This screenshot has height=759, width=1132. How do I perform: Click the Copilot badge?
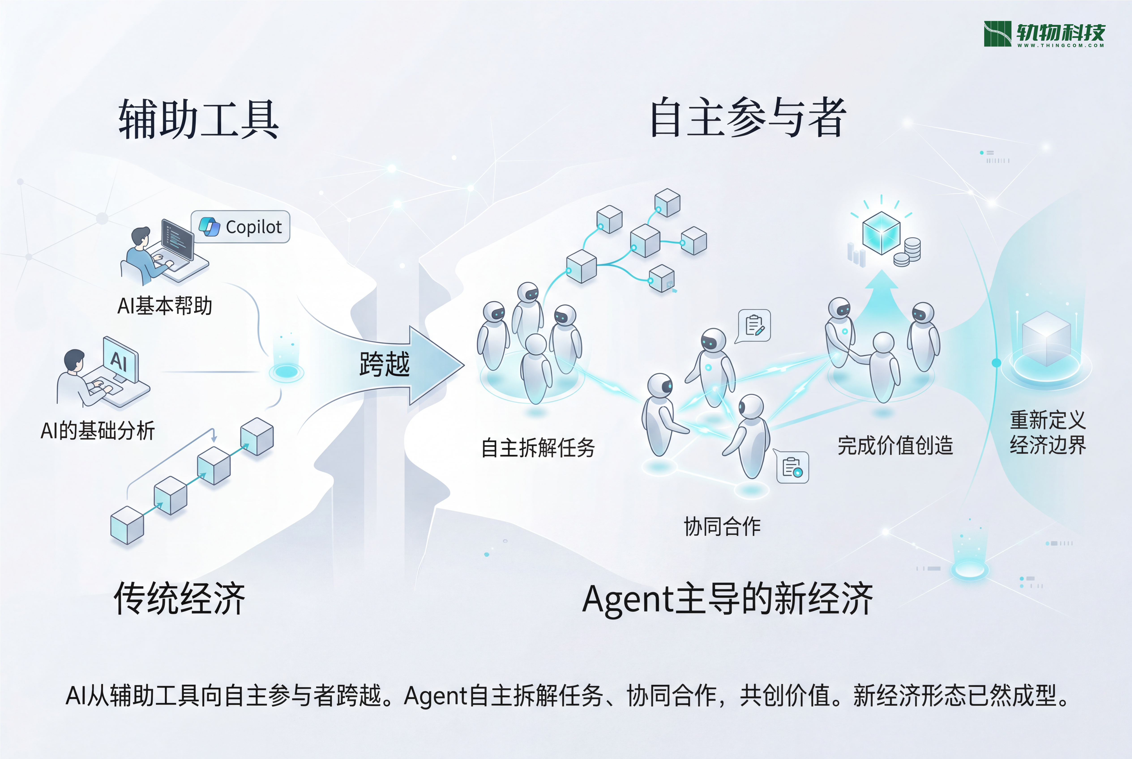pos(241,227)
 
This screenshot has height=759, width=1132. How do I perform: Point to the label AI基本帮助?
pos(165,306)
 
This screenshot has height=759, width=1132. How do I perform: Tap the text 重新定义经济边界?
pos(1047,432)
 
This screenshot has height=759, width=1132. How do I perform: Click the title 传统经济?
pos(179,598)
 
